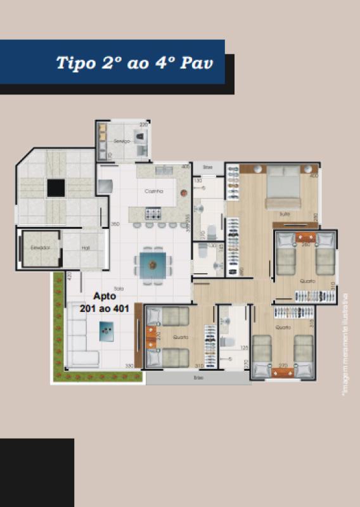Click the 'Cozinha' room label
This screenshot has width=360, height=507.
point(154,190)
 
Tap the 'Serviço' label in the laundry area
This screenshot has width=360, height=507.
point(122,141)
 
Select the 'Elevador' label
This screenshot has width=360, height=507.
point(40,247)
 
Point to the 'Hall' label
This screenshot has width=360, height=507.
point(86,248)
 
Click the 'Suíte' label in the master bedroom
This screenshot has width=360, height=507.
point(284,214)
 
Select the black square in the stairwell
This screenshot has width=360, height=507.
point(56,188)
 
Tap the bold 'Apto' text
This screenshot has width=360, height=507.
point(105,296)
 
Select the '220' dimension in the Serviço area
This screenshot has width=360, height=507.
point(143,125)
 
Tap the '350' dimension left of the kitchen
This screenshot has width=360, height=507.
point(115,224)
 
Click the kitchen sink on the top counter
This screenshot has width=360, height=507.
point(163,170)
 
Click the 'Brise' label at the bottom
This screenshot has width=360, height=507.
point(198,378)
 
